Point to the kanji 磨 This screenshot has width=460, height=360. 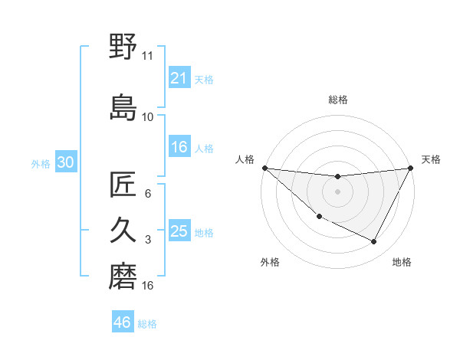[x=123, y=277]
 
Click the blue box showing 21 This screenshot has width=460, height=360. [x=179, y=77]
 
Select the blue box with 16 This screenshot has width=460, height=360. [x=179, y=147]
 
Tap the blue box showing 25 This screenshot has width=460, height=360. [x=179, y=231]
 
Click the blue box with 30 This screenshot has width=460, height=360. [x=65, y=162]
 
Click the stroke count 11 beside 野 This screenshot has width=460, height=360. [x=147, y=55]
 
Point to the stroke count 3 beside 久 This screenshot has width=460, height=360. [x=148, y=240]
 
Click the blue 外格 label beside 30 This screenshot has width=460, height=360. [x=41, y=163]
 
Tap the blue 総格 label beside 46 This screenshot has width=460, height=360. [x=147, y=323]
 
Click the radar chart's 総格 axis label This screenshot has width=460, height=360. [x=338, y=100]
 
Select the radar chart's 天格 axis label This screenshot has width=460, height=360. [x=432, y=159]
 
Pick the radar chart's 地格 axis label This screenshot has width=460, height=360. [x=402, y=262]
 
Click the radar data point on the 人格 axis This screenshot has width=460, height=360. [x=264, y=168]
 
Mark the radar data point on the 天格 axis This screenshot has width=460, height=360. [x=412, y=169]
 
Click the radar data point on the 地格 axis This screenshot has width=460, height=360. [x=374, y=242]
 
